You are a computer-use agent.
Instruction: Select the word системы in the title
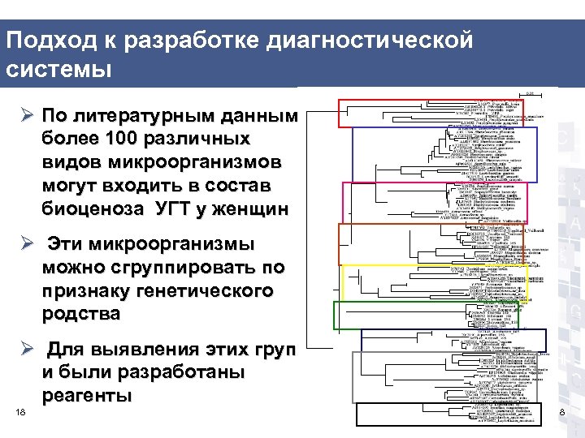coord(57,69)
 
